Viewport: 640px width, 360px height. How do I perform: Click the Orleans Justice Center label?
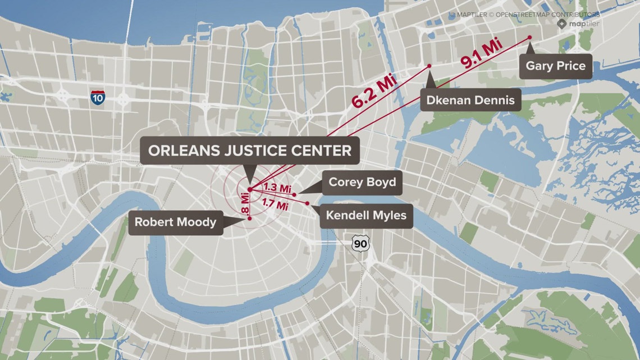(x=250, y=151)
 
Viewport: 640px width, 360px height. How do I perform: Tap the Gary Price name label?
(x=555, y=66)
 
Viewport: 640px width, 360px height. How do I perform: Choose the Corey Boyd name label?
(x=362, y=182)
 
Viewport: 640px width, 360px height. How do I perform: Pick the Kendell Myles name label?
(x=366, y=215)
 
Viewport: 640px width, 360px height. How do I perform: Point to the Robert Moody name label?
(x=175, y=222)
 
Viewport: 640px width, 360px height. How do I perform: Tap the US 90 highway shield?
(x=358, y=243)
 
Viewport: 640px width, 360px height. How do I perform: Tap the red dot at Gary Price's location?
(x=529, y=38)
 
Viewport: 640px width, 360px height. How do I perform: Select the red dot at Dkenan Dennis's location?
(x=429, y=66)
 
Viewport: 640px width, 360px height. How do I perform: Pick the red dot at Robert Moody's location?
(x=249, y=219)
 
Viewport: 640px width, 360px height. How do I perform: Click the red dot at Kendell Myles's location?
(x=307, y=203)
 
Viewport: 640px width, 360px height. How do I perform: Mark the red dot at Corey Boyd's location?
(x=295, y=194)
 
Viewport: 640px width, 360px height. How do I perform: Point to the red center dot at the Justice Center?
(x=249, y=189)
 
